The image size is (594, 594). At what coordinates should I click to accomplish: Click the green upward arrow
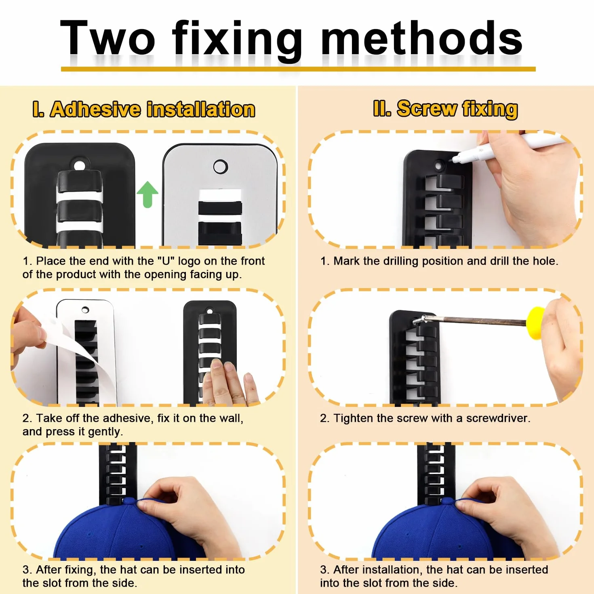[x=147, y=194]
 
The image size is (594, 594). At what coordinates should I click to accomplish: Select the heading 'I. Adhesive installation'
[x=143, y=109]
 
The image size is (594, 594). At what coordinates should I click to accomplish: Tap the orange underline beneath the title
[x=298, y=69]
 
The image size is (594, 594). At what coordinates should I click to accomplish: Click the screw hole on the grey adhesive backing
[x=220, y=166]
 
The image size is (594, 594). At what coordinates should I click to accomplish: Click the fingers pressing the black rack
[x=230, y=382]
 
